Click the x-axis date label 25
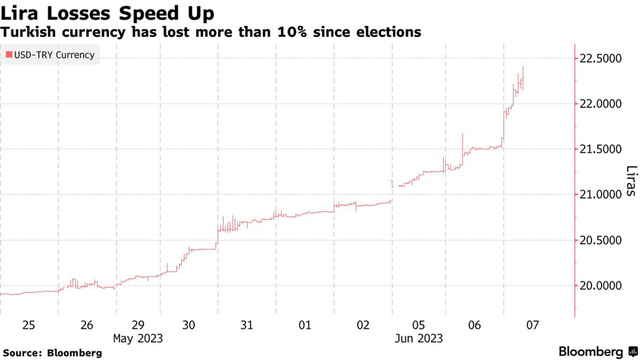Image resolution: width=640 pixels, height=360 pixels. click(30, 325)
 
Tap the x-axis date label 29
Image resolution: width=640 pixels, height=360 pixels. click(138, 325)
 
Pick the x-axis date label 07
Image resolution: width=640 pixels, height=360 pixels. click(532, 325)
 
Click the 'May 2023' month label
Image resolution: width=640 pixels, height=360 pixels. click(139, 338)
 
